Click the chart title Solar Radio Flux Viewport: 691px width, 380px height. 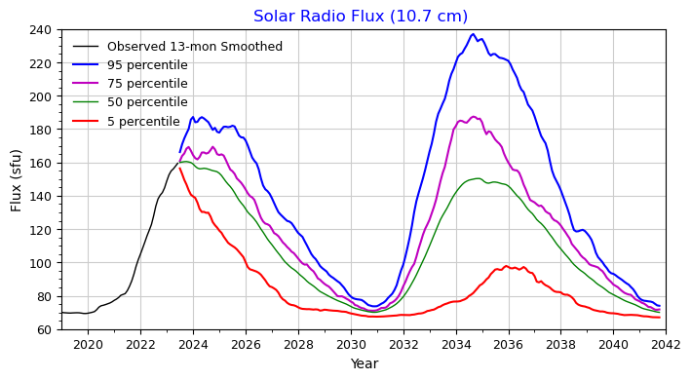pos(361,17)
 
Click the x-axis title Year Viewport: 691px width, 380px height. pos(364,364)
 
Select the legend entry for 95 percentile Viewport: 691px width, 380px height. pos(147,65)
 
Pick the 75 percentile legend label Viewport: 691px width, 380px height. pos(147,84)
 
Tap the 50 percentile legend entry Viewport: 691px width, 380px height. pos(147,102)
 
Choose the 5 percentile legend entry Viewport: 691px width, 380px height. pos(143,122)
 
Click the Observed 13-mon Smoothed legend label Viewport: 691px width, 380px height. pos(195,47)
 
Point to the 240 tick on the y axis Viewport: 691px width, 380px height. pos(43,30)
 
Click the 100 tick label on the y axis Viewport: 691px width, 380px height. pos(43,263)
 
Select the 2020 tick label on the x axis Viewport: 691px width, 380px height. pos(88,344)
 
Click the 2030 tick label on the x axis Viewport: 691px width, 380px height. pos(351,344)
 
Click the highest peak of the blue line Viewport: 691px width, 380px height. pos(473,35)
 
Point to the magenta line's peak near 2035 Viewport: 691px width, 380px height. pos(474,117)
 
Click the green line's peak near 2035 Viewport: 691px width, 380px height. pos(477,178)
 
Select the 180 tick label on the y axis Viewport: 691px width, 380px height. pos(43,131)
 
